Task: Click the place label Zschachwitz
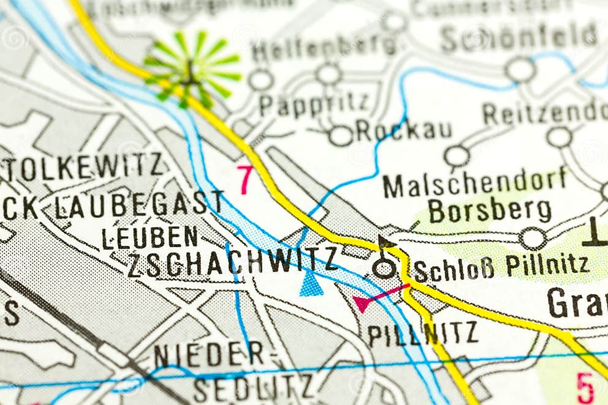[232, 262]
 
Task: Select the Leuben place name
[150, 237]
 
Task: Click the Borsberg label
[490, 211]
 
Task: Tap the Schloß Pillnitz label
[501, 267]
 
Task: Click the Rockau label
[404, 130]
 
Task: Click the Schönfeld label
[519, 38]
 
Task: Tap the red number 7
[245, 179]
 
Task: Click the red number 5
[585, 387]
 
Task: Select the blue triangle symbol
[311, 284]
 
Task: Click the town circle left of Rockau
[341, 135]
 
